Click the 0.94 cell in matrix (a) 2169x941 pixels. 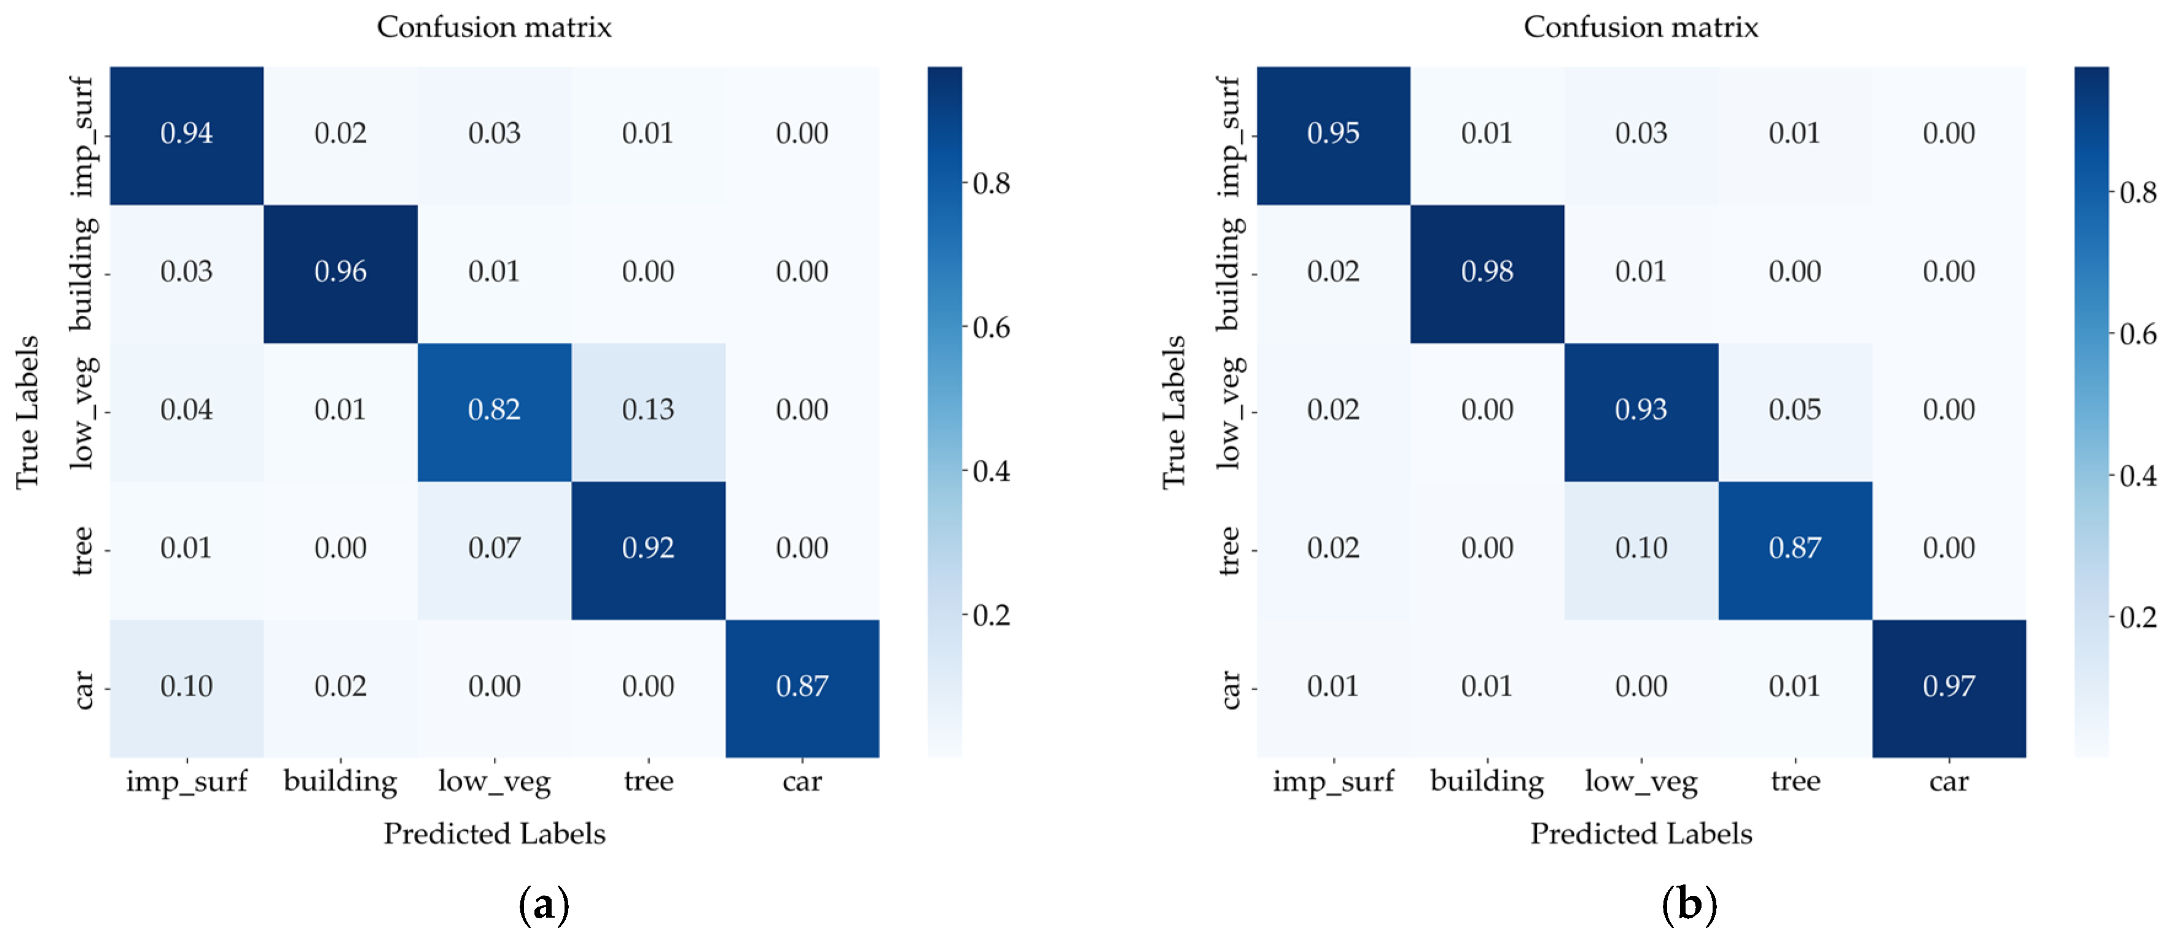[186, 133]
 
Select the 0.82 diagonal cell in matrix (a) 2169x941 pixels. [494, 410]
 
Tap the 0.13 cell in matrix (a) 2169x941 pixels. [647, 410]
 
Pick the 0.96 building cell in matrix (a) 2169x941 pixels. [340, 272]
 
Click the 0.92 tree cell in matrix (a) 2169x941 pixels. [647, 548]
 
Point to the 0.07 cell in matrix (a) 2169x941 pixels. [494, 548]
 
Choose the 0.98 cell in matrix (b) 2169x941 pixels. [1487, 272]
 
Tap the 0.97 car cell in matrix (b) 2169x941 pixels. [1948, 687]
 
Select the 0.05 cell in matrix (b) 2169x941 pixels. [1794, 410]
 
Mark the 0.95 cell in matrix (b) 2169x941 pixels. [1333, 133]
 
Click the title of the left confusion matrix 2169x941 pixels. [494, 27]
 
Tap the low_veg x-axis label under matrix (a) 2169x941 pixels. [494, 782]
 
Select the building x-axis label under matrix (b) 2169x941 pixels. [1487, 782]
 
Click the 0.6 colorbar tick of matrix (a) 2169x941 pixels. [991, 328]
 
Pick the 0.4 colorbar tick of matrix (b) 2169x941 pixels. [2138, 476]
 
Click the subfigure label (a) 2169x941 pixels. [544, 905]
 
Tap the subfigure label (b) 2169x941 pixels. [1689, 905]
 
